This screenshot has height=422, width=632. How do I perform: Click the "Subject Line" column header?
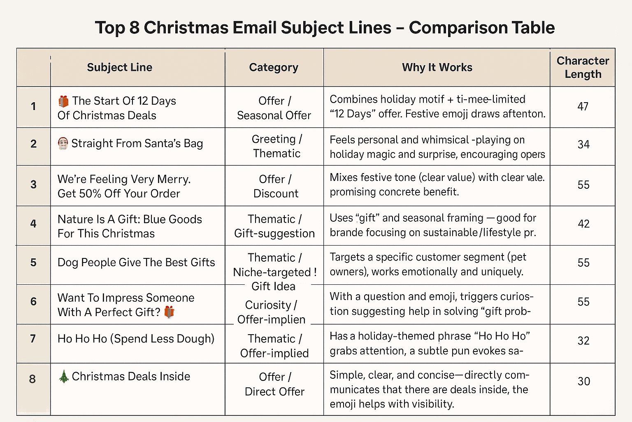(119, 67)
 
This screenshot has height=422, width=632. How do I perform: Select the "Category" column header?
(274, 67)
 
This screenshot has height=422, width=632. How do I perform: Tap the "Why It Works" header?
(437, 67)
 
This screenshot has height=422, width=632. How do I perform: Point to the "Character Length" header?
(583, 67)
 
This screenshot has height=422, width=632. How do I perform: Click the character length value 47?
(583, 106)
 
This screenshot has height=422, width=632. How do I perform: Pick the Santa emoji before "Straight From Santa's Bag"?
(63, 143)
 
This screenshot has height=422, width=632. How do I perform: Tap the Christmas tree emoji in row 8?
(64, 376)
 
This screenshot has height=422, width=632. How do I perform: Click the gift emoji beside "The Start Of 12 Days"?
(63, 101)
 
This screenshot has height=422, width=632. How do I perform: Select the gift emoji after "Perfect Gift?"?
(169, 312)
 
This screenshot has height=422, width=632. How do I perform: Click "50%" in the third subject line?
(91, 194)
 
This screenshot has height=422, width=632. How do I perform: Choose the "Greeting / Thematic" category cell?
(276, 146)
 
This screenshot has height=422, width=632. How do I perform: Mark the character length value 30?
(583, 381)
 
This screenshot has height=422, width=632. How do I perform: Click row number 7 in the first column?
(33, 339)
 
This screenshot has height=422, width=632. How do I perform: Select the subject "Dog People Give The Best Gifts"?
(136, 263)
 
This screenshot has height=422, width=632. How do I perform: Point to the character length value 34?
(583, 144)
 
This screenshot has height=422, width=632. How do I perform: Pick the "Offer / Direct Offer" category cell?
(274, 384)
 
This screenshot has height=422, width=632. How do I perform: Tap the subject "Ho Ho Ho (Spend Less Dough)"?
(136, 339)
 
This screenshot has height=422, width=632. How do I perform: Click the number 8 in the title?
(134, 28)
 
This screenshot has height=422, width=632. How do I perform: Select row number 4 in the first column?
(33, 224)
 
